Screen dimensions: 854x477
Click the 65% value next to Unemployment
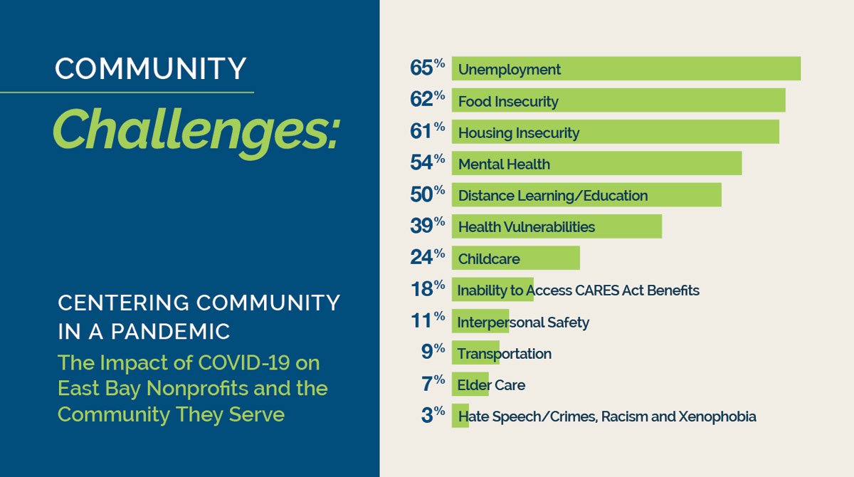pos(428,68)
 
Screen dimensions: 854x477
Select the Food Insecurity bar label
pos(508,101)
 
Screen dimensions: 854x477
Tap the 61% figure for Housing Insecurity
pos(428,131)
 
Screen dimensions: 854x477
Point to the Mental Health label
pos(504,164)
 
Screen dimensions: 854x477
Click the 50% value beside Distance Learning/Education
pos(428,194)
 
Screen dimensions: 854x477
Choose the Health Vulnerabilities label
pos(526,227)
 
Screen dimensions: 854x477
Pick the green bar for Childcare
pos(516,258)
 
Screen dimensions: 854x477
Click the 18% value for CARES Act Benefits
pos(428,288)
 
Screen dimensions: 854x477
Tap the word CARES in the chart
pos(596,290)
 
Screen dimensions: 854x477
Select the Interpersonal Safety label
pos(523,323)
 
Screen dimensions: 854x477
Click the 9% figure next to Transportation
pos(433,352)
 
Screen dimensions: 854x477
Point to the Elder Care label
pos(491,385)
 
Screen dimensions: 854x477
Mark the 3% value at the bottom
pos(433,414)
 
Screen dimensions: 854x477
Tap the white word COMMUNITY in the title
pos(151,68)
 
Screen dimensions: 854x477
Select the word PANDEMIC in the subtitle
pos(170,331)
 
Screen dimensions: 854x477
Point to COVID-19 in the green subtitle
pos(243,362)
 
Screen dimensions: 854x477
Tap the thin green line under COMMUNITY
pos(127,93)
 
